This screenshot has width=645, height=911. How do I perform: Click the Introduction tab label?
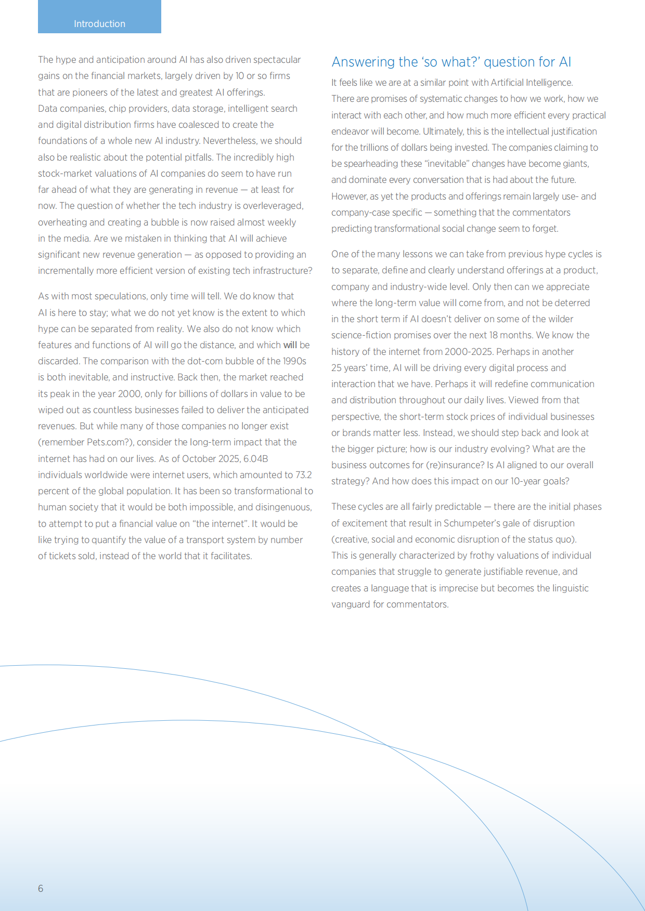pyautogui.click(x=99, y=24)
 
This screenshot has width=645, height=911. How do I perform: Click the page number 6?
pyautogui.click(x=41, y=888)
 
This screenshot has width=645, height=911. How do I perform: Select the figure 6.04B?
pyautogui.click(x=256, y=459)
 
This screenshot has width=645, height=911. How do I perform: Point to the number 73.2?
pyautogui.click(x=304, y=475)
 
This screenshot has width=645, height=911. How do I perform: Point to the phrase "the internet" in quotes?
pyautogui.click(x=221, y=524)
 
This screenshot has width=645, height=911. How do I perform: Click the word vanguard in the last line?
pyautogui.click(x=351, y=604)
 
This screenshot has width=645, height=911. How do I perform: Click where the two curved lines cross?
pyautogui.click(x=388, y=746)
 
